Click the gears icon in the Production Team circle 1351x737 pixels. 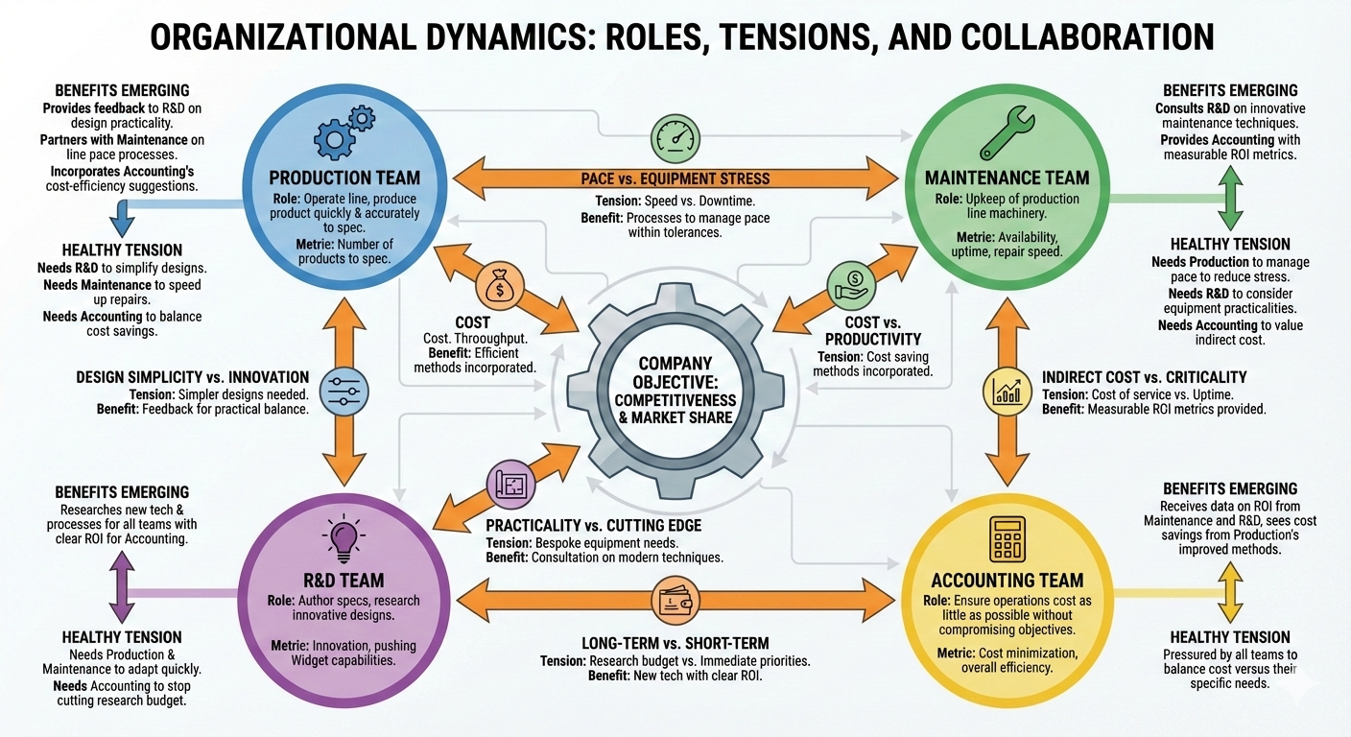click(x=344, y=131)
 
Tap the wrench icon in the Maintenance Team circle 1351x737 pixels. click(x=1005, y=132)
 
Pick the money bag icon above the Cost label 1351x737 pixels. click(x=499, y=287)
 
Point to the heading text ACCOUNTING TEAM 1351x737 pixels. click(x=1007, y=581)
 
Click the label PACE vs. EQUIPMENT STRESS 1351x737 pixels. click(x=675, y=178)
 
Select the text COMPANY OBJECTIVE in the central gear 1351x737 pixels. click(x=675, y=372)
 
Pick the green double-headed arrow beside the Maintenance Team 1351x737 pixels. click(x=1232, y=198)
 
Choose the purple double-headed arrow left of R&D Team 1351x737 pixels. click(x=122, y=587)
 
